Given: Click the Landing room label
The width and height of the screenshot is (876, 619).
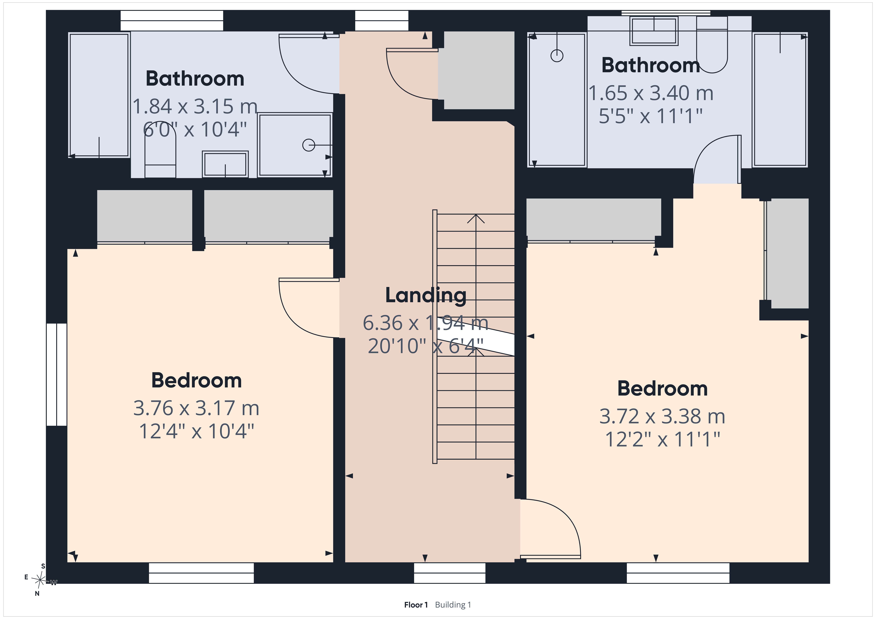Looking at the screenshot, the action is coord(426,296).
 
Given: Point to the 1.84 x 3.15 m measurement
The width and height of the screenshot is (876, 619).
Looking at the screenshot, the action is coord(195,106).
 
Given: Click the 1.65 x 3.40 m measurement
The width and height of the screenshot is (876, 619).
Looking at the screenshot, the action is coord(651,93).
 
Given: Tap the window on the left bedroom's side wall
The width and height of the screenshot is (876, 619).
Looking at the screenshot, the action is coord(56,375).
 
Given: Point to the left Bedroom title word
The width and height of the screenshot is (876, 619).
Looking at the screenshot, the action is coord(197,381).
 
